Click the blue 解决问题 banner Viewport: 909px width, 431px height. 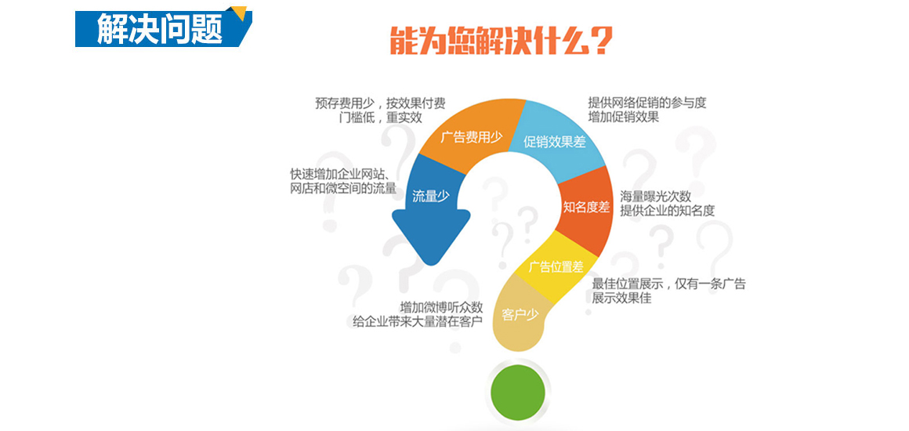pyautogui.click(x=162, y=27)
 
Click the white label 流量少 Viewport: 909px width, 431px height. pyautogui.click(x=431, y=195)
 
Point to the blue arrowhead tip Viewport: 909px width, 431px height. pyautogui.click(x=430, y=266)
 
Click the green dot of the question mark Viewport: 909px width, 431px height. pyautogui.click(x=518, y=387)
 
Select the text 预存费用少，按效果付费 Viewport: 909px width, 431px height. pyautogui.click(x=380, y=103)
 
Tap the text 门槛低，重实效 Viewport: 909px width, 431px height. pyautogui.click(x=380, y=118)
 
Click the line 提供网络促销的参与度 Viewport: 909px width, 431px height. pyautogui.click(x=647, y=103)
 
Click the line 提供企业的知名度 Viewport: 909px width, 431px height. pyautogui.click(x=668, y=210)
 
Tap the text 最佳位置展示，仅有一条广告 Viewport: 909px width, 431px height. pyautogui.click(x=668, y=284)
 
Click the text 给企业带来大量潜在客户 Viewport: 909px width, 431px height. pyautogui.click(x=418, y=321)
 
